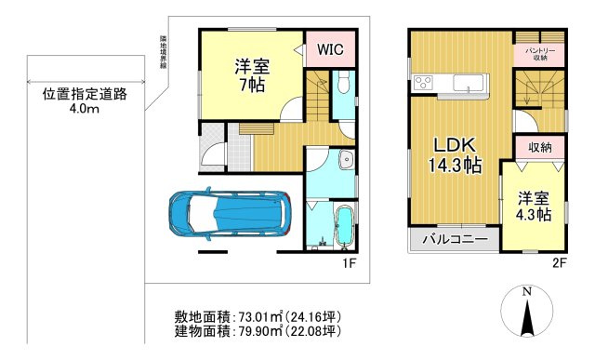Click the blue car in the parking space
click(x=229, y=214)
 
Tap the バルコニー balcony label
click(x=456, y=240)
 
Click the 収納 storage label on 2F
click(x=540, y=148)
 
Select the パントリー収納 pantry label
click(x=539, y=50)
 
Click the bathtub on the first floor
click(x=343, y=227)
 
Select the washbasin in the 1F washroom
click(x=346, y=160)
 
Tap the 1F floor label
click(x=347, y=263)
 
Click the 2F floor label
click(x=558, y=263)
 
